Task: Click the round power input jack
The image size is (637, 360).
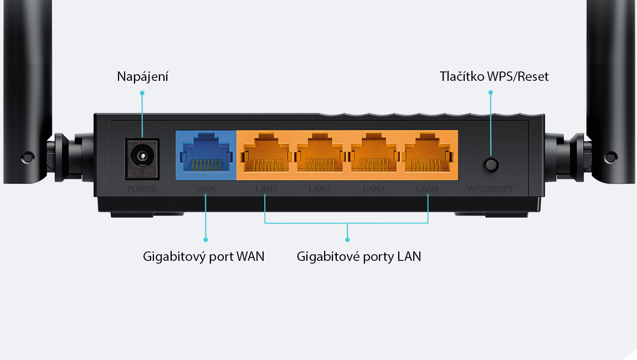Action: pyautogui.click(x=142, y=158)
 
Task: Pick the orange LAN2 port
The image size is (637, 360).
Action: pyautogui.click(x=320, y=155)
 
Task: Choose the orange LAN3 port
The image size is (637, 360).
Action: pyautogui.click(x=374, y=155)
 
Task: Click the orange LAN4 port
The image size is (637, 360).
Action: pyautogui.click(x=428, y=155)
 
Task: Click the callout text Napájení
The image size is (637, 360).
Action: pyautogui.click(x=142, y=76)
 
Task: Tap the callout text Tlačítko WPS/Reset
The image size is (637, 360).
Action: pyautogui.click(x=494, y=76)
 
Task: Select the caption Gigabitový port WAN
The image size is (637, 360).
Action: pyautogui.click(x=203, y=256)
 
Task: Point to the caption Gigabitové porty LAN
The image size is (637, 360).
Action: pyautogui.click(x=359, y=256)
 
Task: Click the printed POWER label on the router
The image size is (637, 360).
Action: pyautogui.click(x=142, y=189)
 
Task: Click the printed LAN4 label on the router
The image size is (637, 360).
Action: pyautogui.click(x=428, y=189)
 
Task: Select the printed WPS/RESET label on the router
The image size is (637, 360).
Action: pyautogui.click(x=490, y=189)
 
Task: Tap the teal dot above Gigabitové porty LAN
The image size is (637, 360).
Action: pyautogui.click(x=347, y=240)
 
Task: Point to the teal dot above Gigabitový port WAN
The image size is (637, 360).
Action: pyautogui.click(x=206, y=240)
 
